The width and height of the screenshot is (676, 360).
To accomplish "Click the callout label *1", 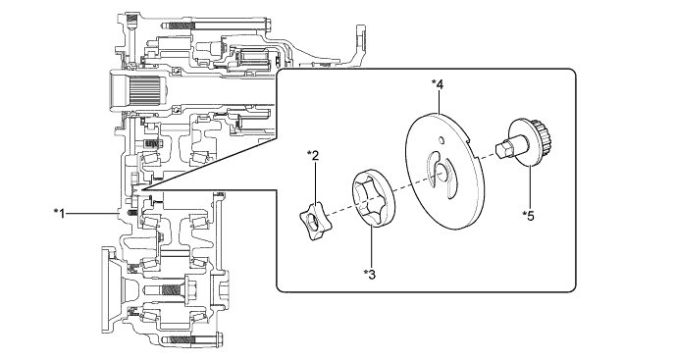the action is [60, 213].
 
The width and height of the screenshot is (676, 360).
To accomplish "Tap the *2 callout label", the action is [313, 156].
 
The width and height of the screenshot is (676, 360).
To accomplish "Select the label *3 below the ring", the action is [370, 274].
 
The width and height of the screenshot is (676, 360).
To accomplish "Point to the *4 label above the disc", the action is [438, 85].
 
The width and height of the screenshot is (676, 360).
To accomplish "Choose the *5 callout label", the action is [528, 215].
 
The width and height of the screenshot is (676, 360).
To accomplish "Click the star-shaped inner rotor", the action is [313, 222].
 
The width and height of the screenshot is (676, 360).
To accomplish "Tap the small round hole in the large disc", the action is [441, 140].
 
